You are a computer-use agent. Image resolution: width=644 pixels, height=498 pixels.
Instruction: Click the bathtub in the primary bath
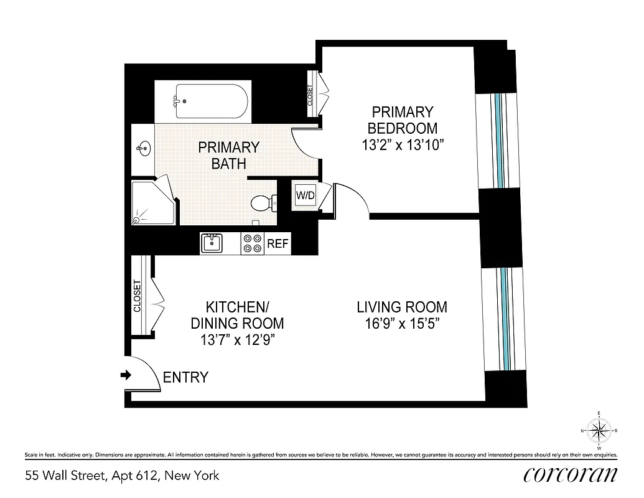pyautogui.click(x=212, y=101)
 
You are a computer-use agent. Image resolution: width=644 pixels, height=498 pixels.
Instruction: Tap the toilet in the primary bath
pyautogui.click(x=262, y=202)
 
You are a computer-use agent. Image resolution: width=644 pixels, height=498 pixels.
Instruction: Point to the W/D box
pyautogui.click(x=306, y=195)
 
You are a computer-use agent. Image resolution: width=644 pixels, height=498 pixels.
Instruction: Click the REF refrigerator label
pyautogui.click(x=278, y=243)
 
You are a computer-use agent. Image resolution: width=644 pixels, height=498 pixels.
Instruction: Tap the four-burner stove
pyautogui.click(x=252, y=243)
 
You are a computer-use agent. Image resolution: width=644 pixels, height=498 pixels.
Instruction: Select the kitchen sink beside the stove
pyautogui.click(x=212, y=243)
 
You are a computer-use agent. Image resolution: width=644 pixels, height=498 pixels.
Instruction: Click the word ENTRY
pyautogui.click(x=185, y=377)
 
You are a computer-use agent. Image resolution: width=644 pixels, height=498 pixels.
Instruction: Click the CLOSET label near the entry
pyautogui.click(x=138, y=296)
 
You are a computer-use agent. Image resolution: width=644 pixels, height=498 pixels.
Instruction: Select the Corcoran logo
pyautogui.click(x=571, y=474)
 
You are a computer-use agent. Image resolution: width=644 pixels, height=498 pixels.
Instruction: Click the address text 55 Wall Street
pyautogui.click(x=122, y=476)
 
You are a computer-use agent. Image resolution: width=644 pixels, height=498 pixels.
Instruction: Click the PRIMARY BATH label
pyautogui.click(x=228, y=156)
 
